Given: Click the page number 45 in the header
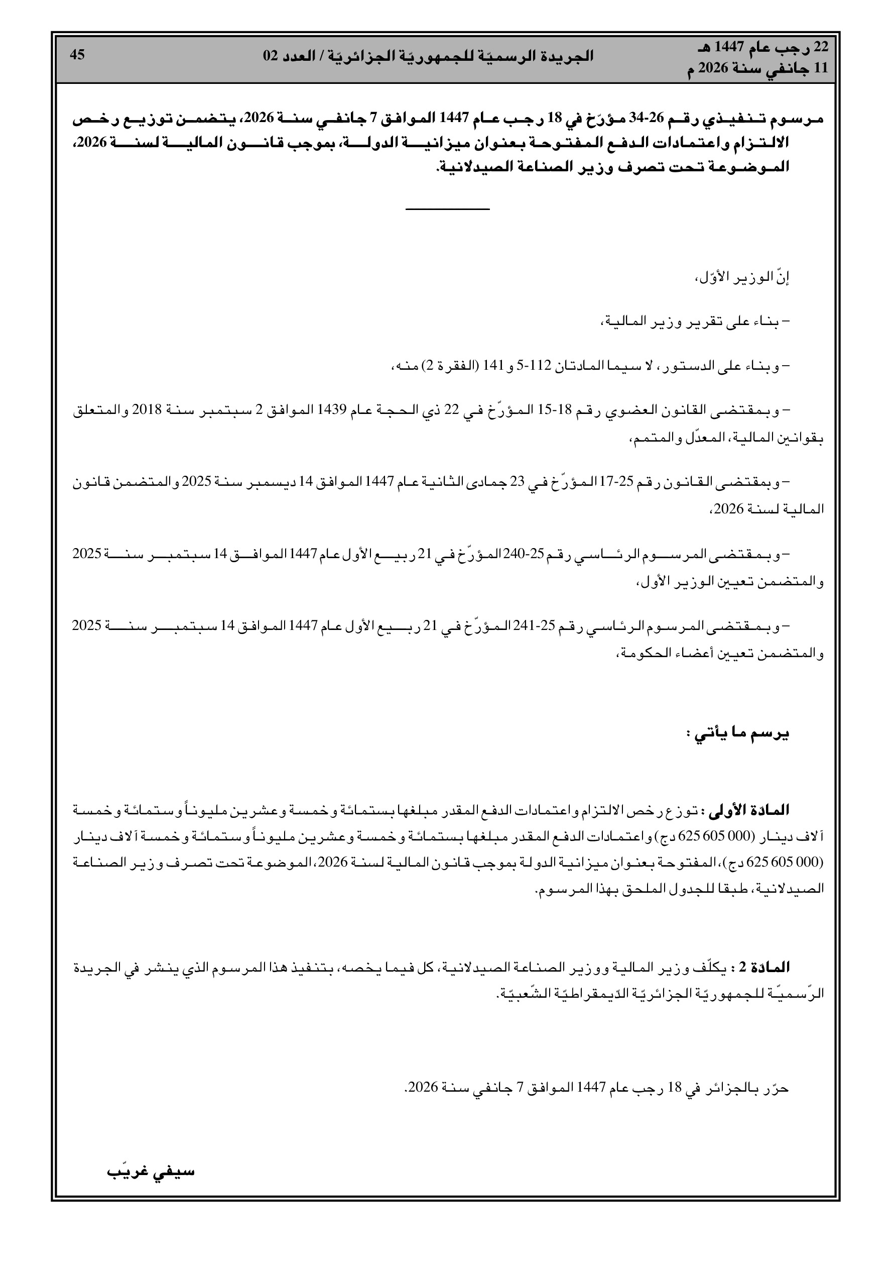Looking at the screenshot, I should pos(77,55).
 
